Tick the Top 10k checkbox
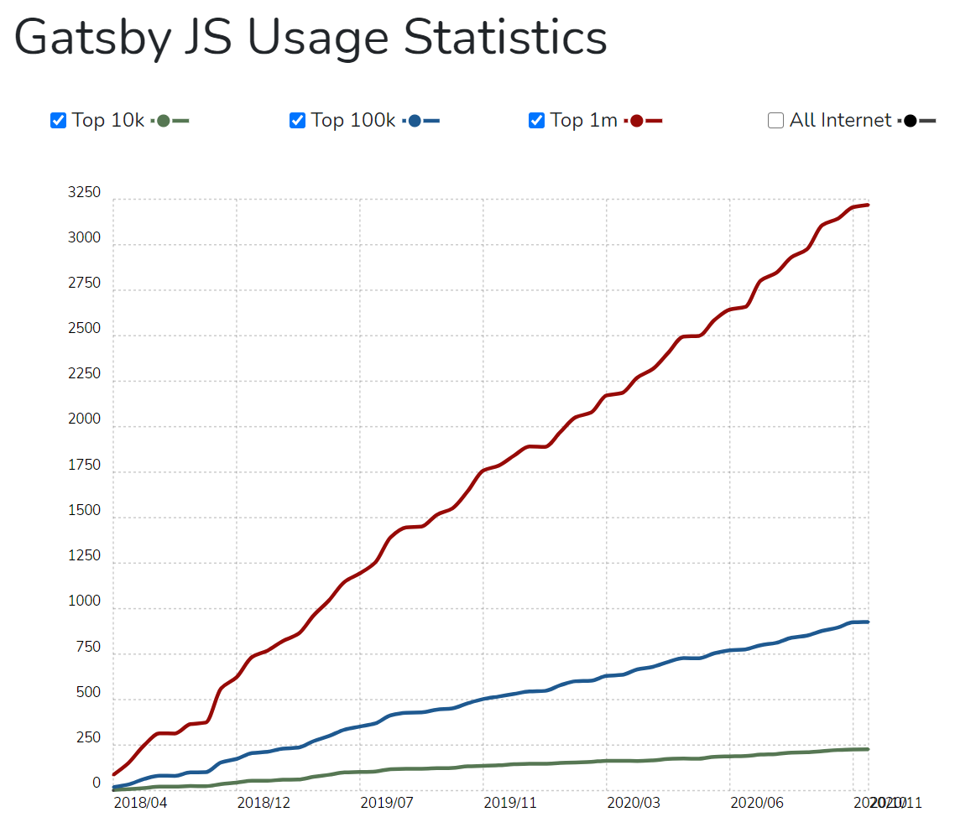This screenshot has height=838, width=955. pyautogui.click(x=58, y=120)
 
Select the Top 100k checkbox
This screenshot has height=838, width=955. pyautogui.click(x=297, y=120)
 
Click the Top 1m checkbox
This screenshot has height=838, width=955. pyautogui.click(x=536, y=120)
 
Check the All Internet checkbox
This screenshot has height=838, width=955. pyautogui.click(x=775, y=120)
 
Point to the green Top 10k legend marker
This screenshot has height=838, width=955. pyautogui.click(x=164, y=121)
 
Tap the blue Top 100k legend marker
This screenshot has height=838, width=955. pyautogui.click(x=415, y=121)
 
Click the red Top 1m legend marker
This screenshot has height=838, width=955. pyautogui.click(x=637, y=121)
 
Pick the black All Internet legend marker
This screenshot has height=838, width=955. pyautogui.click(x=911, y=121)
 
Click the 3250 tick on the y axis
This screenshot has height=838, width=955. pyautogui.click(x=84, y=193)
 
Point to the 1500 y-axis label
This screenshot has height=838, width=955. pyautogui.click(x=84, y=510)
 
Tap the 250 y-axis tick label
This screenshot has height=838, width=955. pyautogui.click(x=87, y=738)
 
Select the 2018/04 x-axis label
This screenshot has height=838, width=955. pyautogui.click(x=140, y=802)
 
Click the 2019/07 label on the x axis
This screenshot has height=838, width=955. pyautogui.click(x=387, y=802)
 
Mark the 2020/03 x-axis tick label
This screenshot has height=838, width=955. pyautogui.click(x=633, y=802)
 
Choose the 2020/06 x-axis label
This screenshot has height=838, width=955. pyautogui.click(x=756, y=802)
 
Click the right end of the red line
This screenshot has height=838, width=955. pyautogui.click(x=868, y=205)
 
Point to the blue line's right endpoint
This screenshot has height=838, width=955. pyautogui.click(x=868, y=622)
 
